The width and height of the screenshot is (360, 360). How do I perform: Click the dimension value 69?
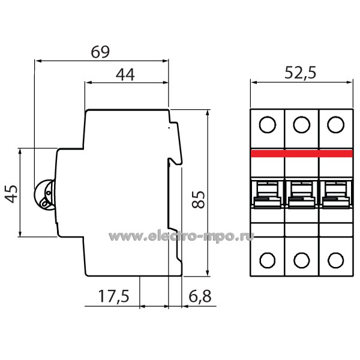coord(100,52)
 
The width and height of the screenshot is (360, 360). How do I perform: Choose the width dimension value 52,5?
coord(299,74)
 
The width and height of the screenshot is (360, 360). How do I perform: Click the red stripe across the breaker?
coord(301,154)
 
